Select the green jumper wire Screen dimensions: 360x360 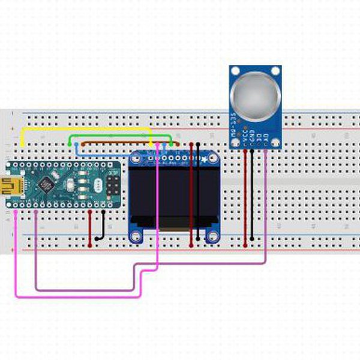[120, 136]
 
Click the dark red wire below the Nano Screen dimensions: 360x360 [90, 228]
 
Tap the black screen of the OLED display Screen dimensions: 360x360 [174, 192]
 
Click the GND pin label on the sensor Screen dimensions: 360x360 [253, 135]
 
